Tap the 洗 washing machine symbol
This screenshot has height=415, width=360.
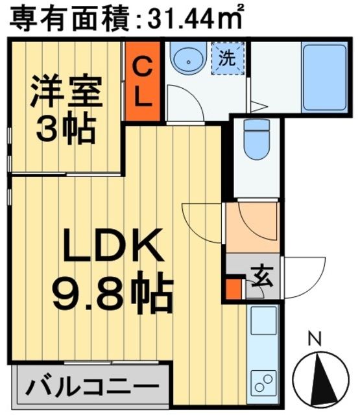click(227, 58)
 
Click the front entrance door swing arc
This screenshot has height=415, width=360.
click(305, 276)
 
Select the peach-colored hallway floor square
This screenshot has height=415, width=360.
click(252, 227)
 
